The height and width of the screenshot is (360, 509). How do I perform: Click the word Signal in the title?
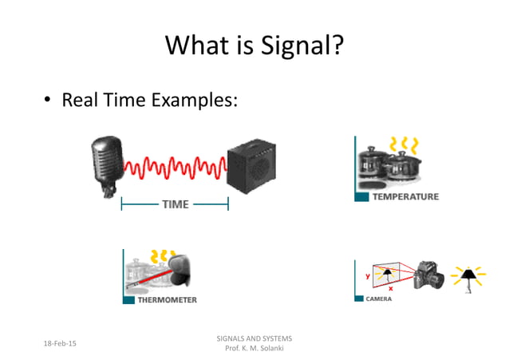(x=299, y=45)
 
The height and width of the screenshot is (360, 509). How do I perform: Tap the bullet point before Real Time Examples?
(x=48, y=101)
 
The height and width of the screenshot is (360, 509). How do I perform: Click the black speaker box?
(x=254, y=169)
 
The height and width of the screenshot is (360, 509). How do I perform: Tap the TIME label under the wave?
(x=175, y=204)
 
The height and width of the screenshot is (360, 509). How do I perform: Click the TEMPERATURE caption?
(x=404, y=196)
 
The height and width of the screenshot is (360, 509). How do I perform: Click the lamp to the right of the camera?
(x=468, y=276)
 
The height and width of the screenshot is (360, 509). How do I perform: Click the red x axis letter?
(x=390, y=288)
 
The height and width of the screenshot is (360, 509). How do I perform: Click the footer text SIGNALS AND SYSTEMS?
(x=254, y=338)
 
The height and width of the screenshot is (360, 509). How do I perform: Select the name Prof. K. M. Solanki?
(x=254, y=350)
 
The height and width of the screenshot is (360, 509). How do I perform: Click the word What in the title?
(x=196, y=45)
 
